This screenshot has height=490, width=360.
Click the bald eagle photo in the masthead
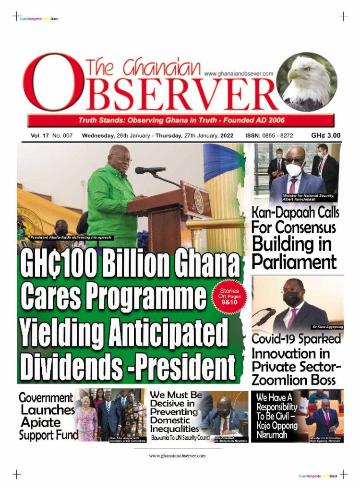[307, 82]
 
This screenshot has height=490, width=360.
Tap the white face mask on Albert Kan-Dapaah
[294, 169]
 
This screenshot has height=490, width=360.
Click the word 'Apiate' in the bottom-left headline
[40, 422]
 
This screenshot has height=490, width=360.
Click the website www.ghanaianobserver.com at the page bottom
[177, 455]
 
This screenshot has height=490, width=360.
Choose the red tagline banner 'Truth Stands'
[181, 120]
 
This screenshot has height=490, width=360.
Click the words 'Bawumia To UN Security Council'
[180, 438]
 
